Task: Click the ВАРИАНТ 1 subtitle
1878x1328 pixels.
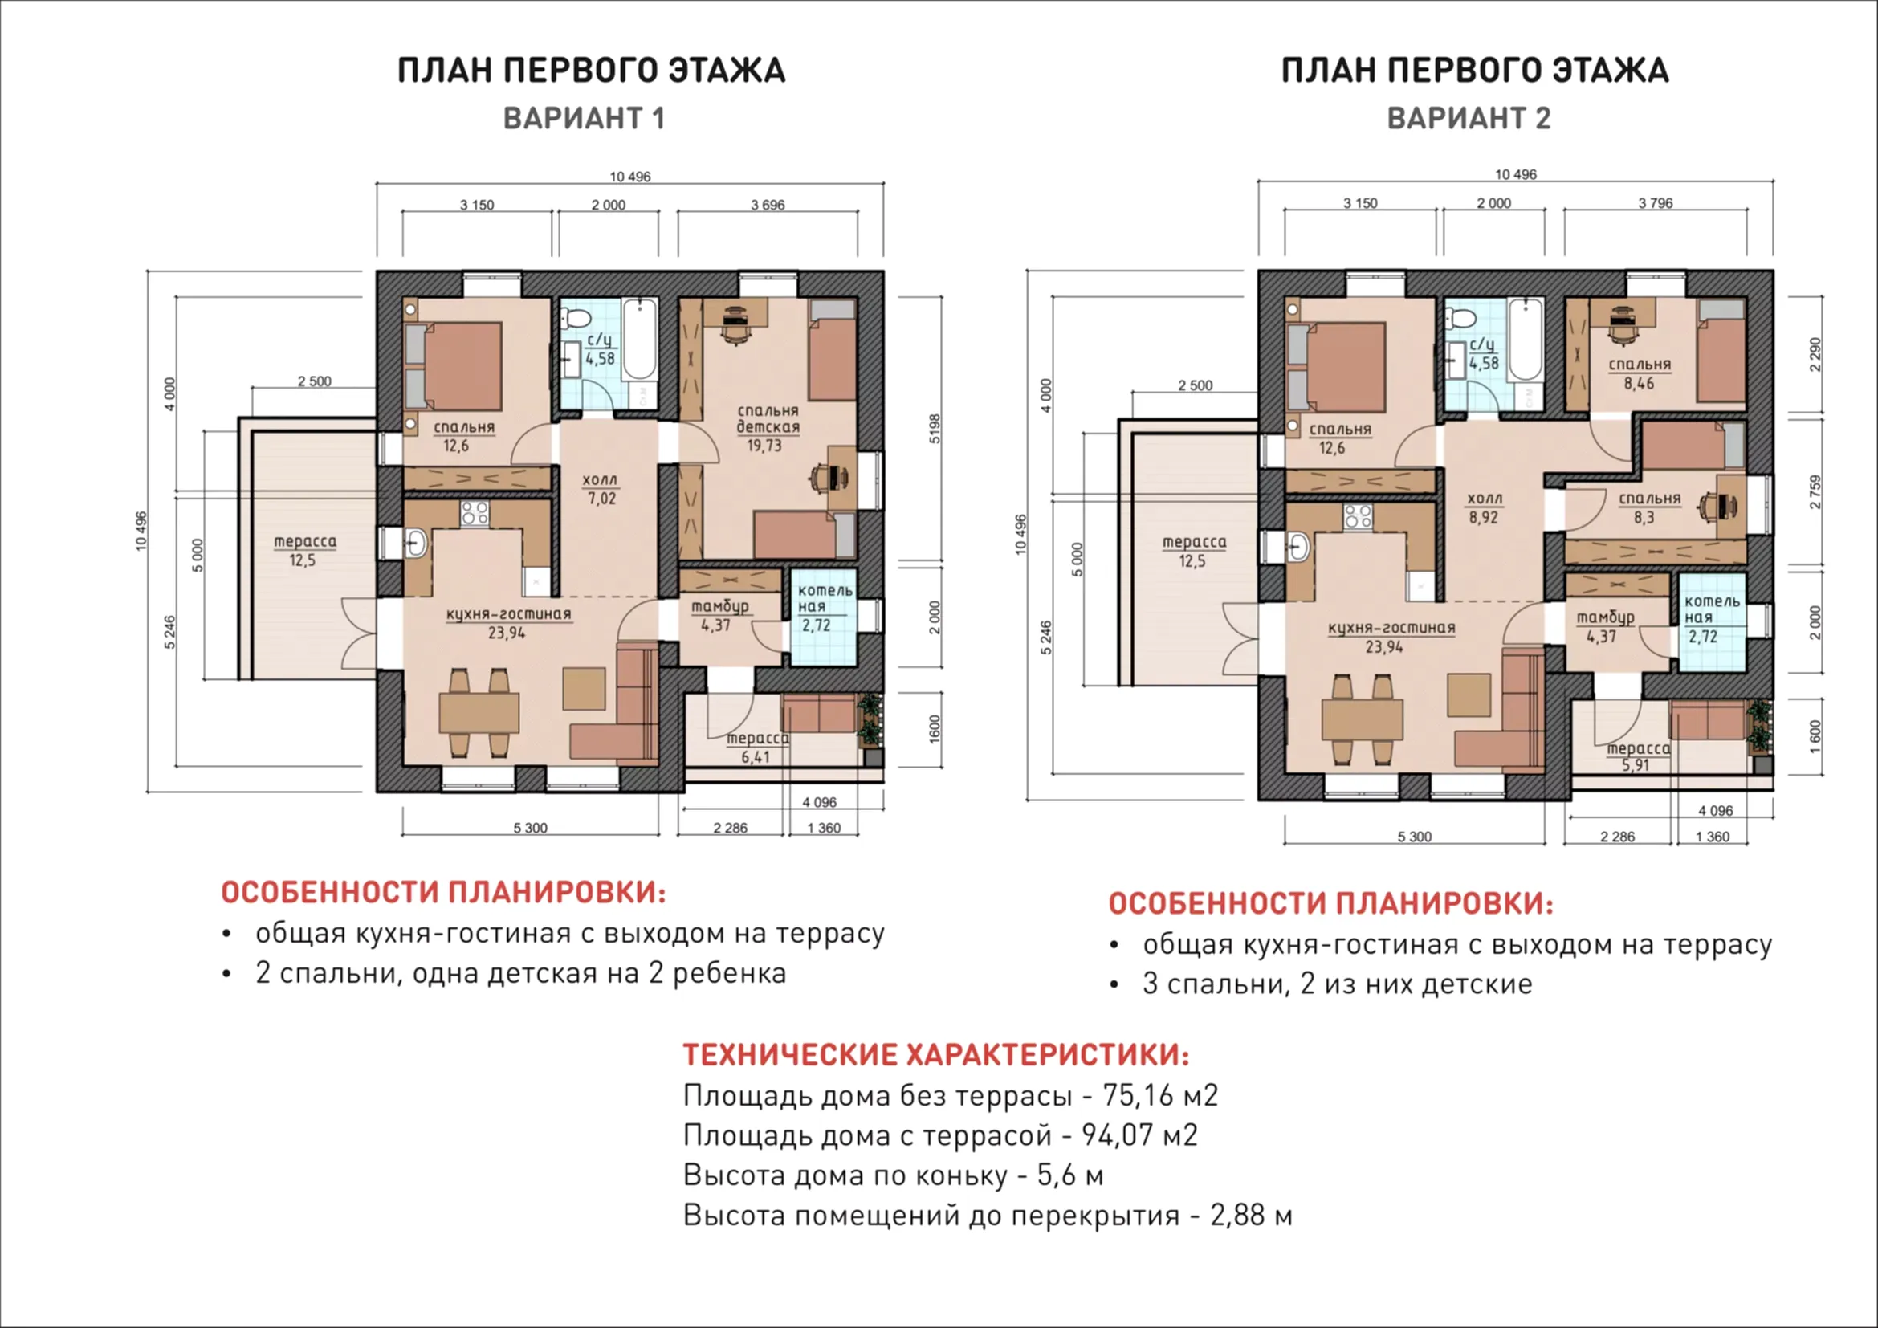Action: pyautogui.click(x=584, y=119)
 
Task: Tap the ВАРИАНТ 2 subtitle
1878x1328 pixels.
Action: pyautogui.click(x=1469, y=119)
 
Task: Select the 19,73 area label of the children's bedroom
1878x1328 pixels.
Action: pyautogui.click(x=764, y=446)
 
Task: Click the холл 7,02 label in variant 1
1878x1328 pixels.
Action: pyautogui.click(x=601, y=489)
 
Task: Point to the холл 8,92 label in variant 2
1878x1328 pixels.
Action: pyautogui.click(x=1484, y=507)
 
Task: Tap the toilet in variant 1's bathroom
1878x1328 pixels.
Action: pyautogui.click(x=578, y=319)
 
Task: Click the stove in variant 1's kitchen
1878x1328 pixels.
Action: pyautogui.click(x=475, y=514)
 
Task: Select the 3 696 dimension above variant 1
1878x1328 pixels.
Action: pyautogui.click(x=768, y=205)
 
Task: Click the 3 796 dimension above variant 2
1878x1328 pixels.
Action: pyautogui.click(x=1655, y=203)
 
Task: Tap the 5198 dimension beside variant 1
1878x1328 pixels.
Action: pyautogui.click(x=935, y=429)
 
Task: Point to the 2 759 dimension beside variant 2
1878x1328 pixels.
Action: pyautogui.click(x=1815, y=492)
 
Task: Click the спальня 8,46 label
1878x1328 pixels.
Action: pyautogui.click(x=1640, y=373)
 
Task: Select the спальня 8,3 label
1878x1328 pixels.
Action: pyautogui.click(x=1650, y=507)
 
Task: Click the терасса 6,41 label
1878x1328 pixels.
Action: pyautogui.click(x=757, y=748)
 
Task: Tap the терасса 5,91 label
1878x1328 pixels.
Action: pyautogui.click(x=1639, y=757)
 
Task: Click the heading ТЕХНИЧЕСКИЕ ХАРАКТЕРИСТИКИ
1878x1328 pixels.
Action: pyautogui.click(x=936, y=1055)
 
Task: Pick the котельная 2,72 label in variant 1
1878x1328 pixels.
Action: pyautogui.click(x=825, y=608)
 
